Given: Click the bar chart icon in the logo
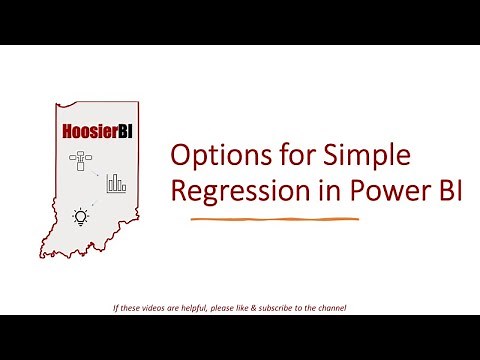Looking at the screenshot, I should [x=116, y=183].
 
